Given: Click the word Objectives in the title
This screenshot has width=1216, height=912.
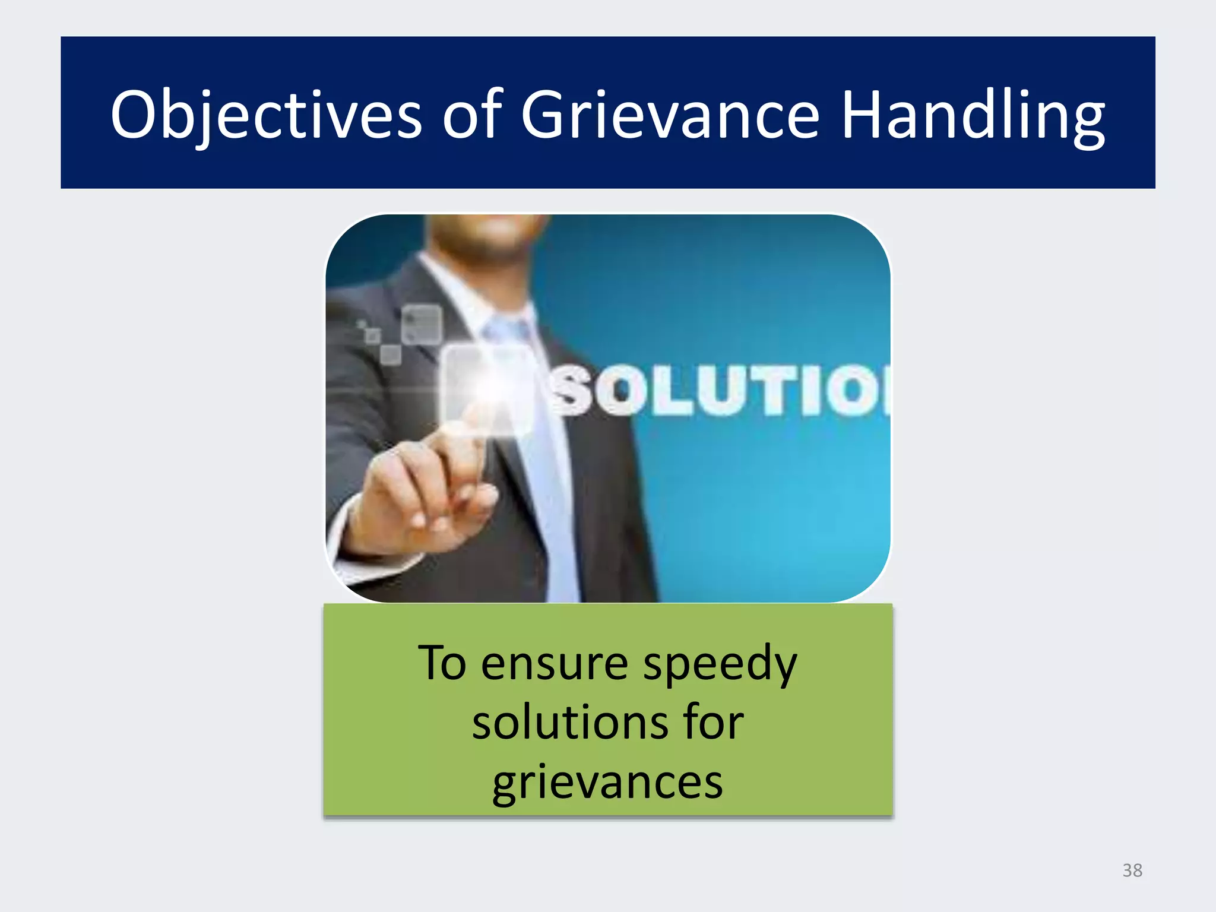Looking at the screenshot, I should [x=266, y=115].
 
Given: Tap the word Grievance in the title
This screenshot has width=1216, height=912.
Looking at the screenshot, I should [x=670, y=115].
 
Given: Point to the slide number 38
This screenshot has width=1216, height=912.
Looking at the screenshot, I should [x=1132, y=870].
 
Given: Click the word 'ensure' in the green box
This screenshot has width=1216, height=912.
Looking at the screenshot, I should [x=555, y=664].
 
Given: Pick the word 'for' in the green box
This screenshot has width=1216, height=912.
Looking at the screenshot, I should [x=712, y=723].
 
